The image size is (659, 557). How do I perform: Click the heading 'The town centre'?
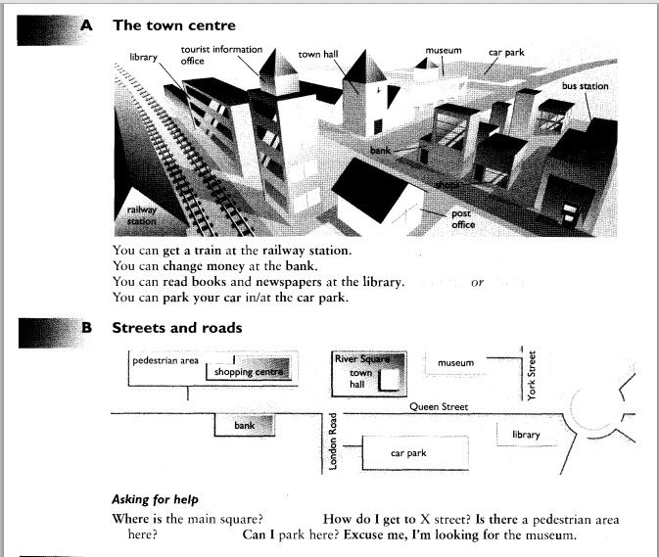[174, 25]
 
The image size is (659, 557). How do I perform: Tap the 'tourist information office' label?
[221, 55]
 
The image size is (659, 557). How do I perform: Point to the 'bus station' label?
[585, 86]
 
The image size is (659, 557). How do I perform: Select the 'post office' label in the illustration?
[463, 219]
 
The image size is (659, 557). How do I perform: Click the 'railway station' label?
[142, 215]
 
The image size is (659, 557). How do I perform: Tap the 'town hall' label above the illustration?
[317, 54]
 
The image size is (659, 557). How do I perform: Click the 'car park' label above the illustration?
[506, 53]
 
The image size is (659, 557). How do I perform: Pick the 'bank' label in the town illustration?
[380, 150]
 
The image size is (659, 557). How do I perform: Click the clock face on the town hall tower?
[379, 89]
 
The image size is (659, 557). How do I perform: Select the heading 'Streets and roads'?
[177, 328]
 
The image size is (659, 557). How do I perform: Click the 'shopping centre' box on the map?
[248, 369]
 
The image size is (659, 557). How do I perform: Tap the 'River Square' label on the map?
[362, 359]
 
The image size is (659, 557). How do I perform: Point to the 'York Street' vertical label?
[532, 376]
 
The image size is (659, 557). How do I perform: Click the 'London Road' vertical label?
[333, 441]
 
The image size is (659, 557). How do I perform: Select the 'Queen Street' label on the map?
[439, 406]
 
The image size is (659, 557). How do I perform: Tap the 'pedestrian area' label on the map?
[165, 361]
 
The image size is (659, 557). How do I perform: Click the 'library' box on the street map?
[527, 435]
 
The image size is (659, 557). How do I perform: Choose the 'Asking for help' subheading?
[155, 499]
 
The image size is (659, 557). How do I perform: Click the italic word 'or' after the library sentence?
[478, 283]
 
